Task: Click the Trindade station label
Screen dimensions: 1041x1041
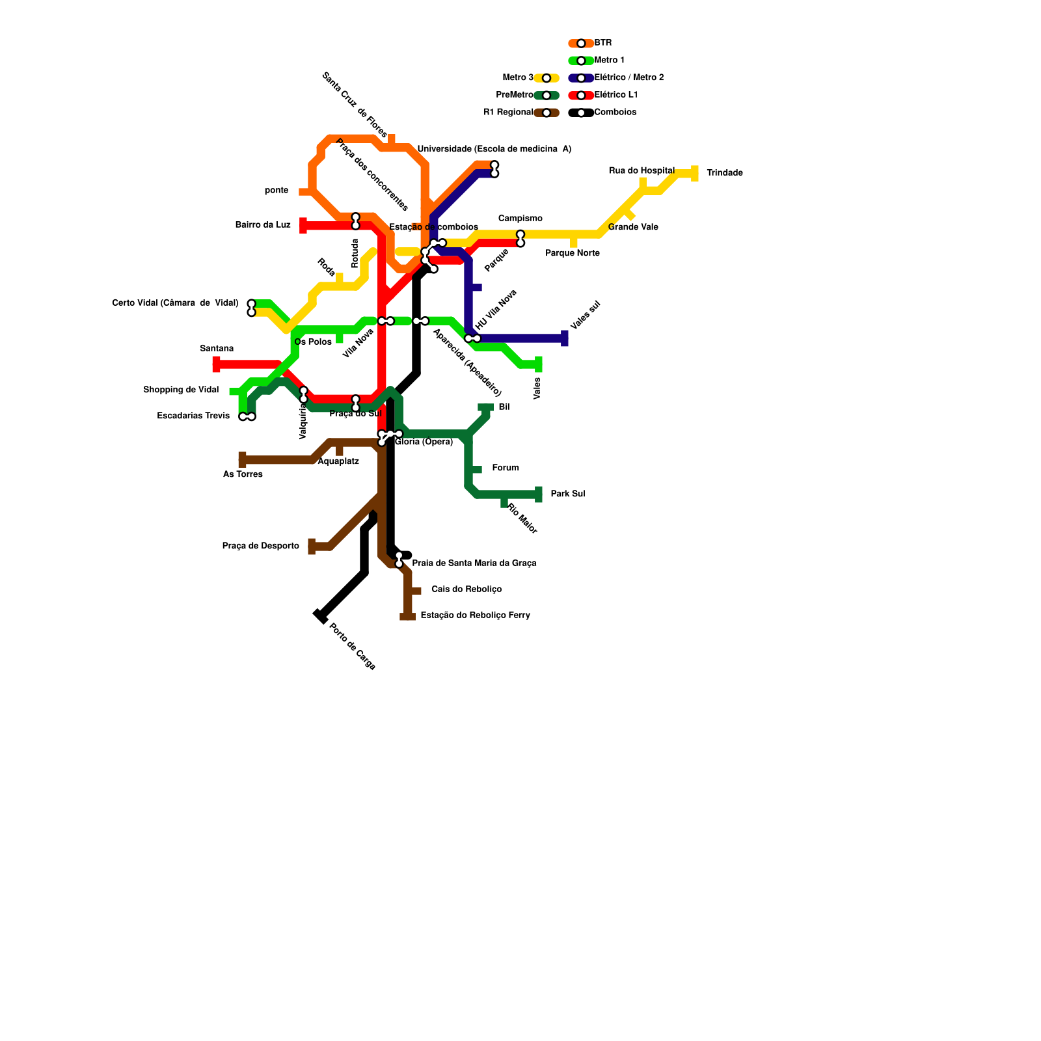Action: click(x=724, y=173)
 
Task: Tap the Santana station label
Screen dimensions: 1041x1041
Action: click(x=217, y=349)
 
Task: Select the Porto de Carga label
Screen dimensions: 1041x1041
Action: click(x=352, y=646)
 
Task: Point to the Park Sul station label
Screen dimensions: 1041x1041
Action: click(x=567, y=494)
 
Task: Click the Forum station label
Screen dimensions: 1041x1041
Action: click(x=506, y=468)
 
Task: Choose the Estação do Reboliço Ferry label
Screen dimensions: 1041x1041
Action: click(x=475, y=615)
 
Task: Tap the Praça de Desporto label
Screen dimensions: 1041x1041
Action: click(x=260, y=546)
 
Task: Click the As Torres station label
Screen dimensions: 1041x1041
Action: click(x=243, y=474)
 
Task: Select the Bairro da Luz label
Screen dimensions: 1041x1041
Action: click(x=263, y=225)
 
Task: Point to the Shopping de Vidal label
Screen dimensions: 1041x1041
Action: click(x=181, y=390)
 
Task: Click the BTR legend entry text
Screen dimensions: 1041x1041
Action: click(x=603, y=43)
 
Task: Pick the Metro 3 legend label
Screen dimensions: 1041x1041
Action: click(x=518, y=78)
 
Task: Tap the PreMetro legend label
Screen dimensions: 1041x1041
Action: click(x=515, y=95)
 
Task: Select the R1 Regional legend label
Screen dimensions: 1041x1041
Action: click(x=508, y=112)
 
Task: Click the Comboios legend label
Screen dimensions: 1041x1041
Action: click(x=615, y=112)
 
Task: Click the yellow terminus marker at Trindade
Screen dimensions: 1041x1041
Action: click(x=695, y=173)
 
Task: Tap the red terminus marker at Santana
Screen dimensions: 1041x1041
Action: click(x=216, y=364)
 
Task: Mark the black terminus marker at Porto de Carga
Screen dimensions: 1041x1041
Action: click(x=320, y=615)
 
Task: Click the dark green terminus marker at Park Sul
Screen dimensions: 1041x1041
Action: click(x=539, y=494)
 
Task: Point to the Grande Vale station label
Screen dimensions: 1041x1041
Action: click(x=633, y=227)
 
